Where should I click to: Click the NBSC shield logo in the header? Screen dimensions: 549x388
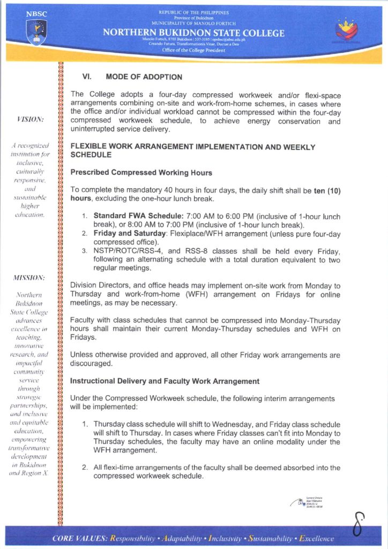[36, 33]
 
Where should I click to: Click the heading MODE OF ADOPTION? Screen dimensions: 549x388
[144, 77]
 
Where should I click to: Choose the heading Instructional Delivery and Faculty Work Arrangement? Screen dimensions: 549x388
[165, 381]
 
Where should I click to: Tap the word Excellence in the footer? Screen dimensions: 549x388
[316, 538]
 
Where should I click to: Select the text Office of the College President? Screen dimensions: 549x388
[194, 49]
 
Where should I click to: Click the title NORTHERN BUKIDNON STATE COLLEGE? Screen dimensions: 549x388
[194, 33]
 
